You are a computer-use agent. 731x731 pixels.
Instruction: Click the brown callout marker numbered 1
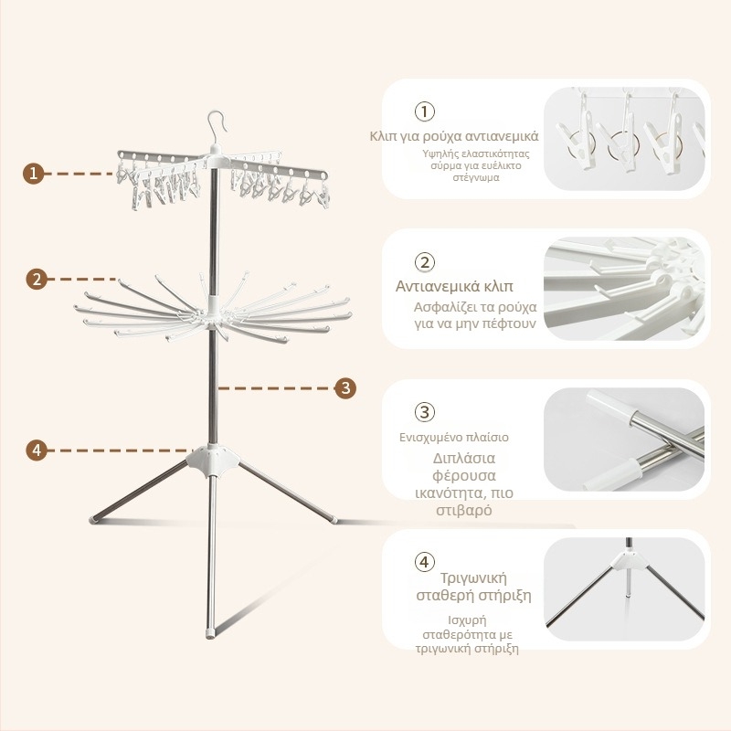point(34,174)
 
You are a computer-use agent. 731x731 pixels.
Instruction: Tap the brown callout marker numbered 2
point(37,279)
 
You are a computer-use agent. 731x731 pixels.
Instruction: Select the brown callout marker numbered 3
point(345,387)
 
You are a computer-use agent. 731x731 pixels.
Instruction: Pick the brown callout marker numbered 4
point(37,450)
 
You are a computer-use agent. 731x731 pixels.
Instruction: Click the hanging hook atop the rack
point(217,128)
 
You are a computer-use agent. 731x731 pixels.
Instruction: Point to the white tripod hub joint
point(213,461)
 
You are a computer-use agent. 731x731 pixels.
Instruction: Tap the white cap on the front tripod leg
point(211,633)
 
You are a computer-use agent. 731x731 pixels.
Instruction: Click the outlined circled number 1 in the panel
point(424,111)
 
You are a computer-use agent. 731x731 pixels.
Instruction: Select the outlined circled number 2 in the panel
point(424,262)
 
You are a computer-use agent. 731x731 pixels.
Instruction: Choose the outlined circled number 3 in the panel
point(424,412)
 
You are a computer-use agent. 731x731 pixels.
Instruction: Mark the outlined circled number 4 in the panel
point(424,562)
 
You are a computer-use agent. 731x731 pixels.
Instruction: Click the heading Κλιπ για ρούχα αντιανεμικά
point(454,136)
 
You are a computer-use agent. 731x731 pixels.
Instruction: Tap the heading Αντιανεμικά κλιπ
point(454,286)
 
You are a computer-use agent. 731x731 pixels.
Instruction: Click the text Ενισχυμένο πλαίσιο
point(454,438)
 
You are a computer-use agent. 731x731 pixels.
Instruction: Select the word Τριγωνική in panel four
point(473,578)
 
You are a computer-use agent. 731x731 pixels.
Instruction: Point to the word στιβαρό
point(464,510)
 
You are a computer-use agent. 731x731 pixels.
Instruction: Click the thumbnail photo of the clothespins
point(624,139)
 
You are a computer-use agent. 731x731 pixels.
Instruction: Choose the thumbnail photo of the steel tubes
point(624,440)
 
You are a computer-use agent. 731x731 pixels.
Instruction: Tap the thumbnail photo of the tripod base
point(624,588)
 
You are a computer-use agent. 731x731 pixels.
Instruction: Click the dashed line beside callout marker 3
point(275,387)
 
